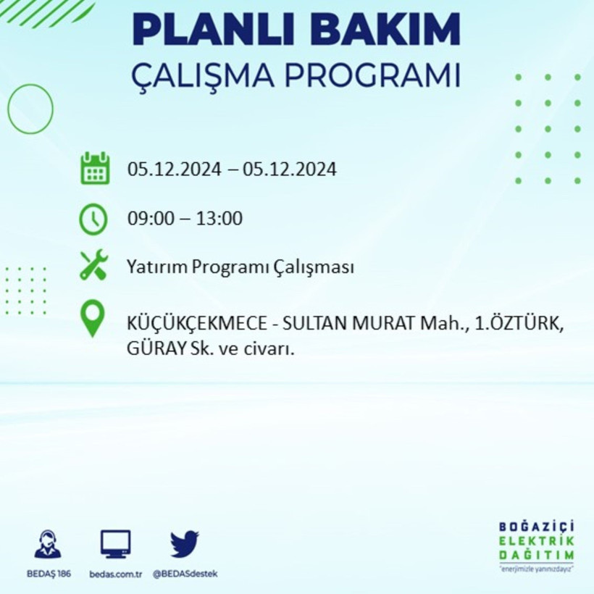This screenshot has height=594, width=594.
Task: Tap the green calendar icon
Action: (94, 169)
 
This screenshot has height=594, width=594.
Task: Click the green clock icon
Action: (93, 219)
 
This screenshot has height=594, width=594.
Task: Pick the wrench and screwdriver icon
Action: (93, 266)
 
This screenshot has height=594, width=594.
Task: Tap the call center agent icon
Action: (48, 544)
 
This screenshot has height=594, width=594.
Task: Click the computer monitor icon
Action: (116, 543)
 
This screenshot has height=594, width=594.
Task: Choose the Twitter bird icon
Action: (185, 543)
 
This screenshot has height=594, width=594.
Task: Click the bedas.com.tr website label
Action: (116, 574)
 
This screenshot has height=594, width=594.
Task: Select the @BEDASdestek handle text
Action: (185, 574)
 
